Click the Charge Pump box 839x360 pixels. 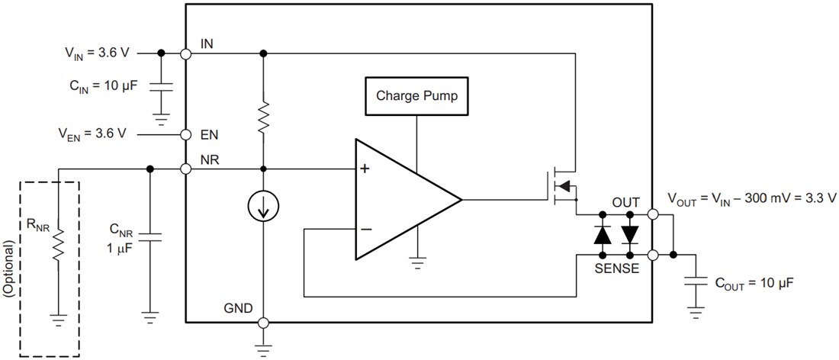tap(416, 97)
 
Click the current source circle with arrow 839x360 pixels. tap(262, 205)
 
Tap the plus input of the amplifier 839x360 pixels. tap(365, 169)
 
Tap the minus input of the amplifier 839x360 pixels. tap(365, 228)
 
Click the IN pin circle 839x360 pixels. tap(185, 53)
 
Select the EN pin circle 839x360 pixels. tap(185, 135)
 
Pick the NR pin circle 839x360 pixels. tap(185, 169)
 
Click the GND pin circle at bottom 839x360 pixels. tap(262, 323)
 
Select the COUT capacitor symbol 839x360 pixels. tap(695, 281)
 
